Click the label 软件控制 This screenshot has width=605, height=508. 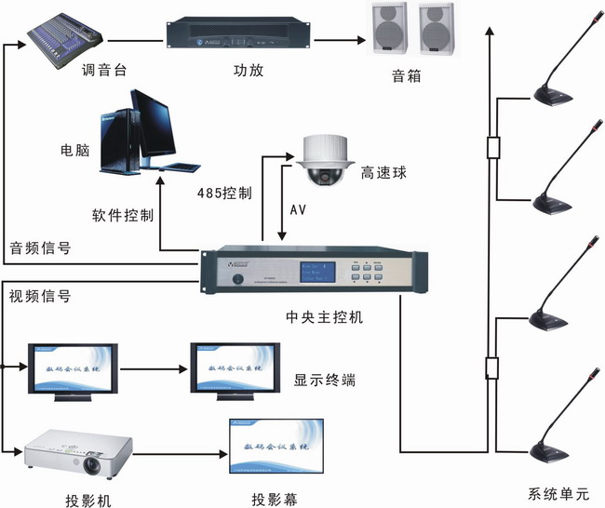[123, 215]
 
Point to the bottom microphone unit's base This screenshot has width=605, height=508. [556, 453]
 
